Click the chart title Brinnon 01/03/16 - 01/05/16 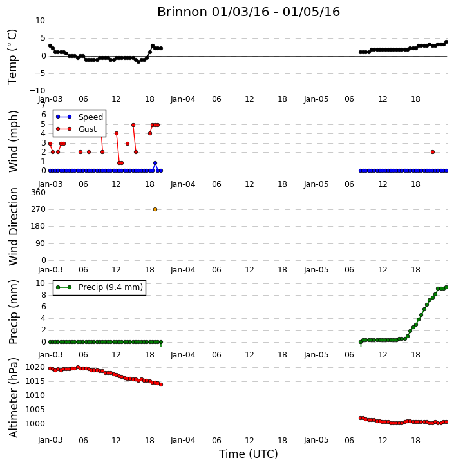point(249,12)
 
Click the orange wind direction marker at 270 point(155,209)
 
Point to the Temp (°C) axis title point(12,57)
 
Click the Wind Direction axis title point(13,227)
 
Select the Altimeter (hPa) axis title point(13,398)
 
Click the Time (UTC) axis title point(249,454)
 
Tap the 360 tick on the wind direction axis point(39,193)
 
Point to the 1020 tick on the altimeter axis point(35,367)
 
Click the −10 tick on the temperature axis point(37,91)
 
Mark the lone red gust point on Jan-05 point(433,152)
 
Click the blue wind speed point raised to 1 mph point(155,163)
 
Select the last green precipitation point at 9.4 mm point(446,287)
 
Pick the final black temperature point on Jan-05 point(446,42)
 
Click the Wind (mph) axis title point(13,141)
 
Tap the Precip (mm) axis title point(13,312)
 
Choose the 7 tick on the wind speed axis point(43,106)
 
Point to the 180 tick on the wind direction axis point(39,226)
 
